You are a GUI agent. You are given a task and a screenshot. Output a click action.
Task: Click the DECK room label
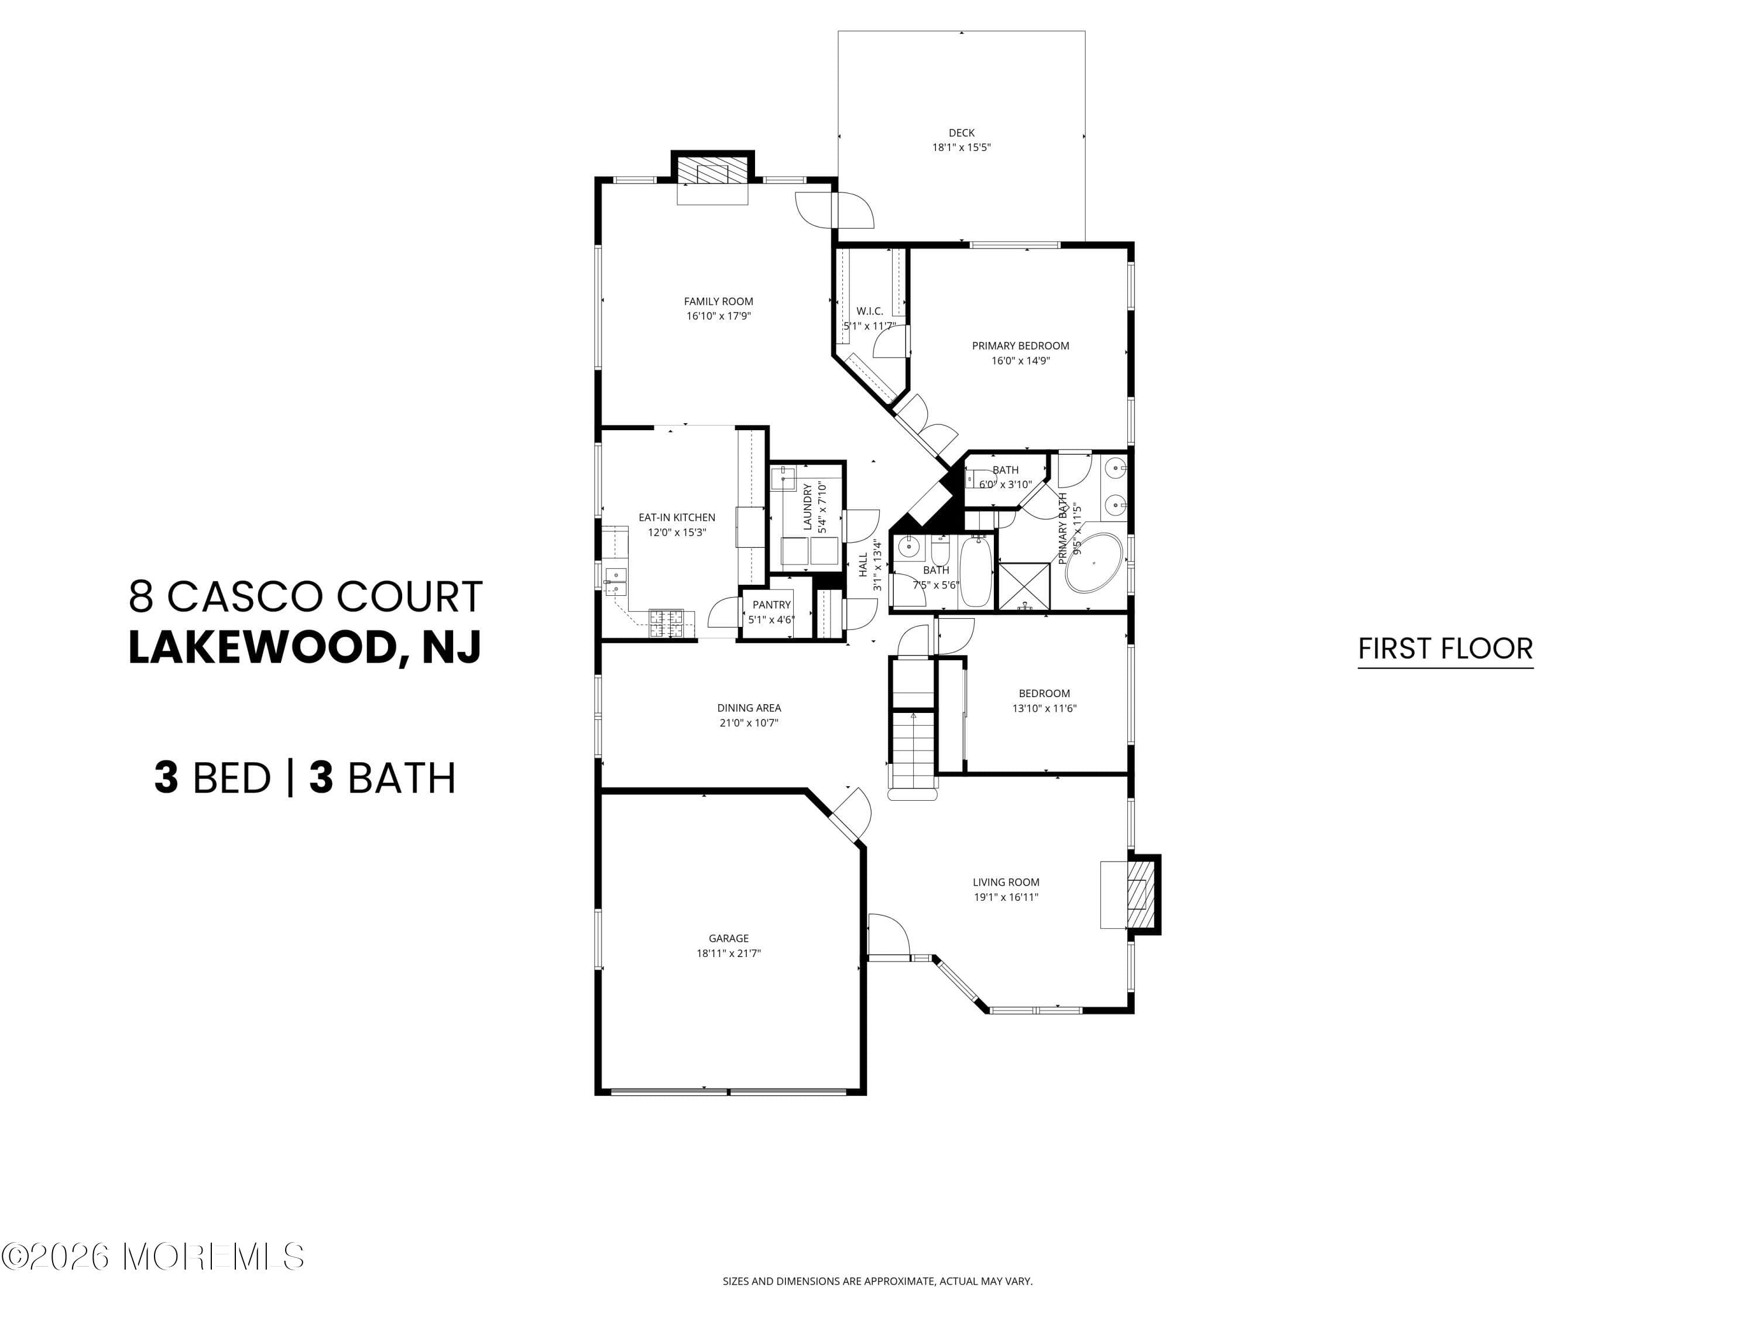[961, 132]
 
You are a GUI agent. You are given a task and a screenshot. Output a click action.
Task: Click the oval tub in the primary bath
[1094, 563]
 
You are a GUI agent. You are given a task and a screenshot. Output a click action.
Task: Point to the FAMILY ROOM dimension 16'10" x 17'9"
[718, 316]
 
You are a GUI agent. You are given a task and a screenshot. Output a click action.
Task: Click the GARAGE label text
[728, 938]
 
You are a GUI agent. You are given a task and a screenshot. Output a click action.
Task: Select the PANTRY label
[771, 605]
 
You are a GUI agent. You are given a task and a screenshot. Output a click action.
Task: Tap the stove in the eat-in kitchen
[666, 623]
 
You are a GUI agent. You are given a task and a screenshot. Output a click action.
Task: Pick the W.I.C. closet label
[869, 311]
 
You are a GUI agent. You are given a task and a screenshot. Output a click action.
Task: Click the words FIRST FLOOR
[1445, 649]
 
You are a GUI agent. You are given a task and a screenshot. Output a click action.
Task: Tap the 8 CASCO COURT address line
[306, 596]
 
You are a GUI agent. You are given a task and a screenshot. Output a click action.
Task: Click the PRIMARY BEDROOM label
[1020, 345]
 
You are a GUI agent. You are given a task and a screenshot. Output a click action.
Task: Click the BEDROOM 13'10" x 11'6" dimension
[1044, 708]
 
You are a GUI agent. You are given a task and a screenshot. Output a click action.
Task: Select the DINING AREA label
[749, 707]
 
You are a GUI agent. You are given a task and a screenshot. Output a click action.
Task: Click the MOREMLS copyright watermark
[152, 1257]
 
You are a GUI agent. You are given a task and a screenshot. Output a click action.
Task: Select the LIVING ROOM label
[1006, 882]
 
